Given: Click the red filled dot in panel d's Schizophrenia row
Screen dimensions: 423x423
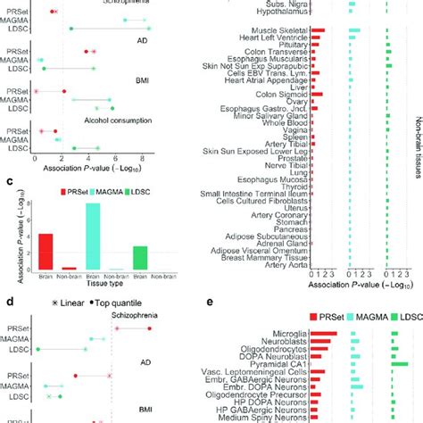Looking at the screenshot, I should click(149, 328).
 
